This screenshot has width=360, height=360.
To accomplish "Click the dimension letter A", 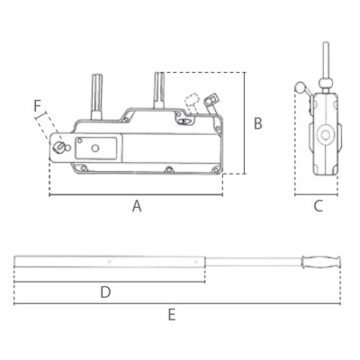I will [137, 206].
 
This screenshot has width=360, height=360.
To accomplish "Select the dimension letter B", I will [257, 123].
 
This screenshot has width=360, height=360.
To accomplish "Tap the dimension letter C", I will [318, 206].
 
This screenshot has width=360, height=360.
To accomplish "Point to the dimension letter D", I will [104, 292].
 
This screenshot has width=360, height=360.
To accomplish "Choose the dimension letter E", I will [172, 315].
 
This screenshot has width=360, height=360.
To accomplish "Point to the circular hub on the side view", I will [321, 136].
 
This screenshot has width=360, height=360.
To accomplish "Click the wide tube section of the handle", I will [108, 264].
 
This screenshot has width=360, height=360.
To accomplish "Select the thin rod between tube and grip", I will [256, 264].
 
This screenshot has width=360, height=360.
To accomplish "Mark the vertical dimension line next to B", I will [244, 126].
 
